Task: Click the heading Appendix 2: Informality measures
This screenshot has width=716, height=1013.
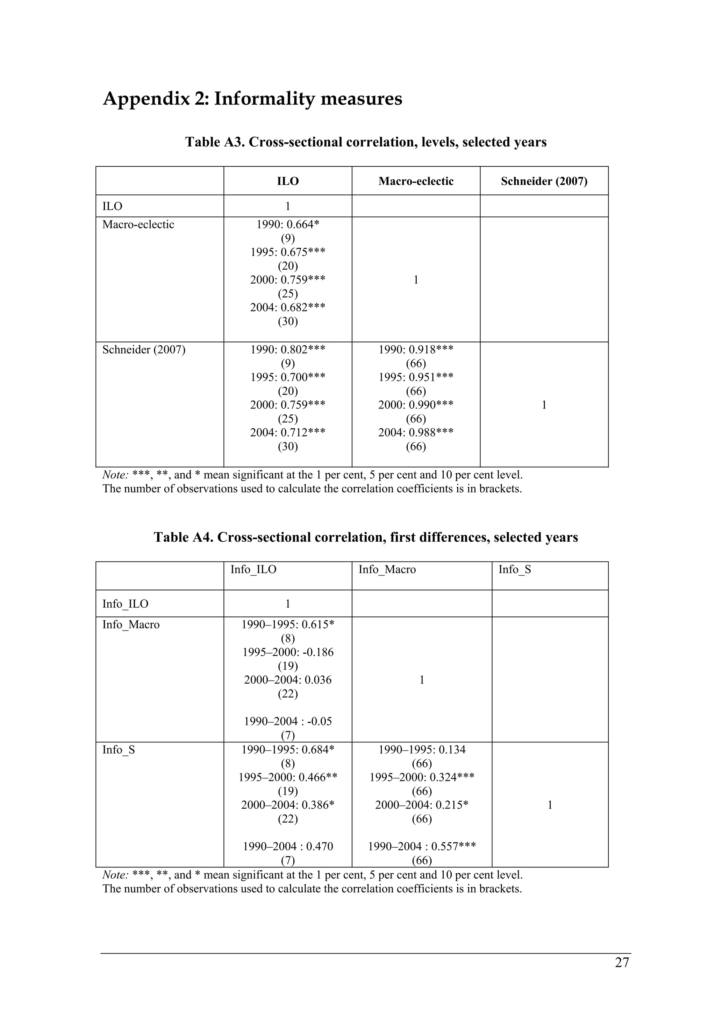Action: pos(252,98)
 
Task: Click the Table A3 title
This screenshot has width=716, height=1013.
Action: pos(365,142)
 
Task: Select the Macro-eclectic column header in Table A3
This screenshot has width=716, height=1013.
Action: pos(416,181)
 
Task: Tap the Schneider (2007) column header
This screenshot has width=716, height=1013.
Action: pos(544,181)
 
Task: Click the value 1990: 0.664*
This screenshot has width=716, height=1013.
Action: pos(288,224)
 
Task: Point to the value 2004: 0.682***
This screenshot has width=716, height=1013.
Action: pos(288,307)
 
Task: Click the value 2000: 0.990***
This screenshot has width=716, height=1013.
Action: pos(416,405)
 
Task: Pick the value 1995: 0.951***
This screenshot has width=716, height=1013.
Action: pos(416,378)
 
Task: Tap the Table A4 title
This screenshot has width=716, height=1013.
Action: pos(365,537)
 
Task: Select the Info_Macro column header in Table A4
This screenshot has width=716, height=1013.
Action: pos(387,570)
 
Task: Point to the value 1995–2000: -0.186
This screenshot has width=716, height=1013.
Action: pos(288,652)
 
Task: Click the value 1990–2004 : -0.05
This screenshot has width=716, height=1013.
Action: pos(288,722)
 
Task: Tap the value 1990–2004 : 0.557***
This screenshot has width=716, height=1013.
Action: pos(422,847)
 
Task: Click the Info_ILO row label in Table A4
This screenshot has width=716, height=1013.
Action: pos(125,604)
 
